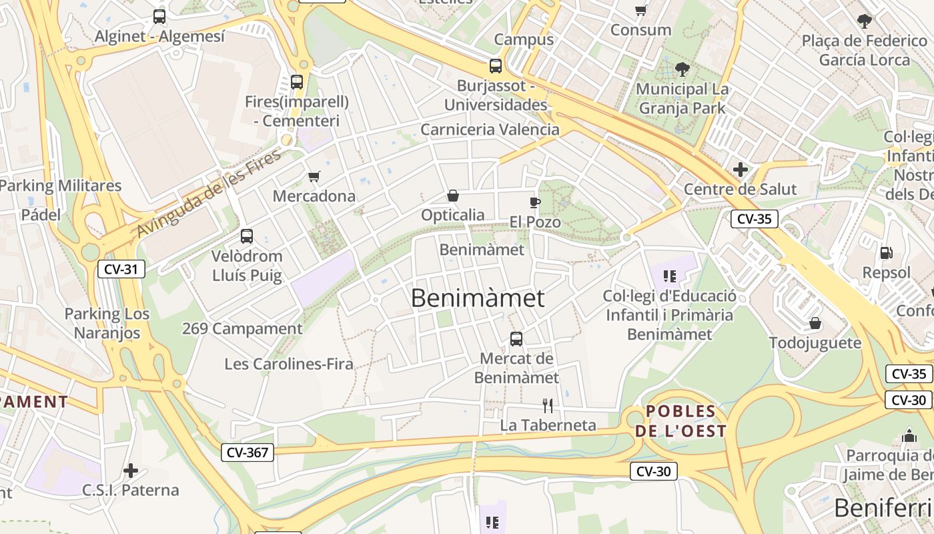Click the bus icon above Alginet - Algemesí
coord(159,17)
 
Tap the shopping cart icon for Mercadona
coord(314,177)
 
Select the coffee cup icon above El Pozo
coord(534,202)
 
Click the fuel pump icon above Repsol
coord(886,253)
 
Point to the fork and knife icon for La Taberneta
coord(548,405)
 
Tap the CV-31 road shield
coord(121,269)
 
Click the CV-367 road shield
coord(248,453)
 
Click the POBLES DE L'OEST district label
coord(680,421)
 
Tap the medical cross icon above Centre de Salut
coord(740,170)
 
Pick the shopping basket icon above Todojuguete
coord(815,324)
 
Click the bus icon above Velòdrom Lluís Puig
coord(246,236)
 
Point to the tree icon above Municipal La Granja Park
coord(682,69)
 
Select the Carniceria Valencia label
coord(490,129)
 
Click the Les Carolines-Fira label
coord(289,364)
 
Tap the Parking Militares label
coord(61,186)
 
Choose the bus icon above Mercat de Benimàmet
coord(516,338)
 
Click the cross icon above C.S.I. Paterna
coord(131,471)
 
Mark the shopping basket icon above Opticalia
coord(453,196)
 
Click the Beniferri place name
coord(883,509)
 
